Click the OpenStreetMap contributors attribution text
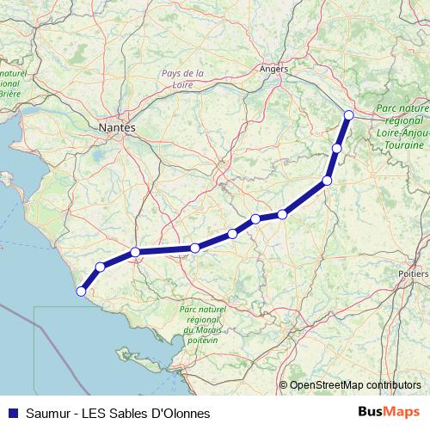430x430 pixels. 355,385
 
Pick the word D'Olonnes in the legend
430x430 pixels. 178,414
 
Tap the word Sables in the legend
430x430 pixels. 126,414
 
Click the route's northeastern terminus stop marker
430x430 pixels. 348,114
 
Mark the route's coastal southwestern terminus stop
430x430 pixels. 81,291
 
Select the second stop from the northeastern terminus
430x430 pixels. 337,148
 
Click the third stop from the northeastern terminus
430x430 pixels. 327,180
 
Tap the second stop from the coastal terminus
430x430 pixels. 101,267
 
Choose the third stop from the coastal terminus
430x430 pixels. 135,252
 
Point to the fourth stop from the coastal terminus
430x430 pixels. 195,248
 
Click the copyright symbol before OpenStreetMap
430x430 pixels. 284,385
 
